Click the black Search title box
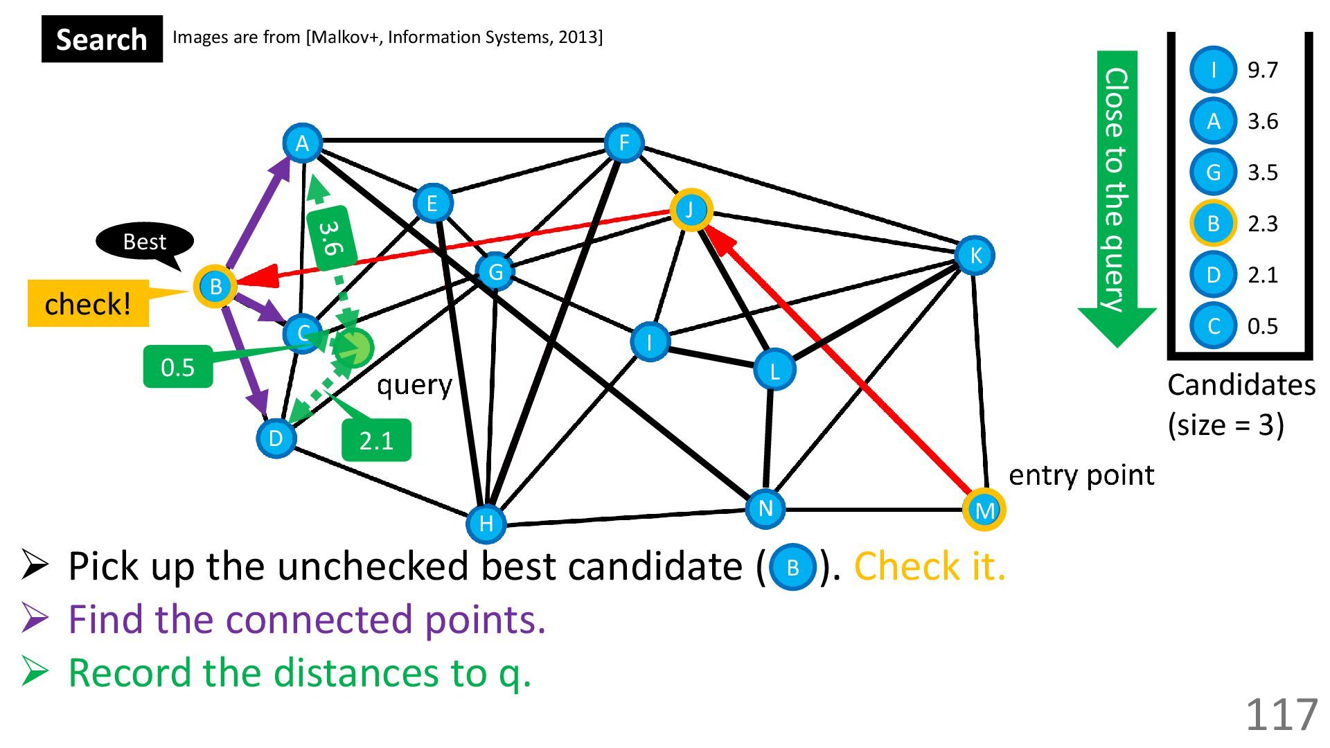[102, 39]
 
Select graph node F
[623, 143]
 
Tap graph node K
[975, 256]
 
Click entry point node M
[984, 510]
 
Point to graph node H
[486, 523]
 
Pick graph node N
[765, 508]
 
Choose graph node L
[774, 371]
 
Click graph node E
[432, 204]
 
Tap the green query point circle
[353, 348]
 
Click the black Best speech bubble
[145, 242]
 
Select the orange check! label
[88, 303]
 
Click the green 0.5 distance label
[177, 366]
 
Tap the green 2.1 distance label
[376, 440]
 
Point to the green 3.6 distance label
[331, 238]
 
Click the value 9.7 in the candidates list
[1262, 70]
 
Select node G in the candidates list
[1213, 172]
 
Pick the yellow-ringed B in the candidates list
[1213, 224]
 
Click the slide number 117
[1281, 715]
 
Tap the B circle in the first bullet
[792, 568]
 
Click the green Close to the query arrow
[1116, 194]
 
